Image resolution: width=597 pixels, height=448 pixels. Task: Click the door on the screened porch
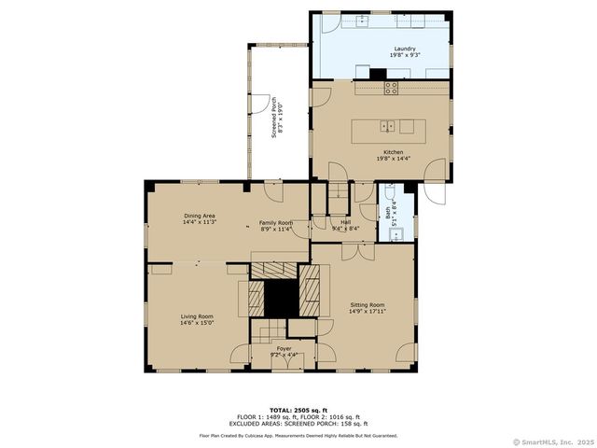[x=266, y=105]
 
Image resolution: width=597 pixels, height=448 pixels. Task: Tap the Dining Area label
[x=199, y=216]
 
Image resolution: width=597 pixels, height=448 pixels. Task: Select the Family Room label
[x=276, y=223]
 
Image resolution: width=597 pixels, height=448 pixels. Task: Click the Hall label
[x=345, y=222]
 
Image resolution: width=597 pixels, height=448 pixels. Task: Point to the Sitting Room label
[x=367, y=305]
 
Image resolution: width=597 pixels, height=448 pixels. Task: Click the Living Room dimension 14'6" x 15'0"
[x=197, y=323]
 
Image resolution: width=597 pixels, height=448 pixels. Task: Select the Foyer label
[x=284, y=348]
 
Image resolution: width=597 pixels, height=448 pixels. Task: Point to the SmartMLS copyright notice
[x=553, y=441]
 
